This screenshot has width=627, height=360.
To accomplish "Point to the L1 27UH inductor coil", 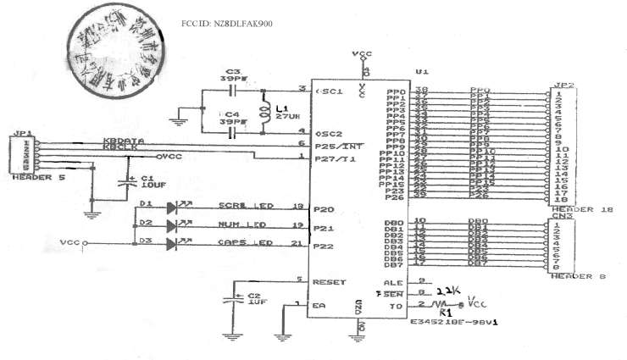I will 268,113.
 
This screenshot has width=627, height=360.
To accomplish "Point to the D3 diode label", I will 147,242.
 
